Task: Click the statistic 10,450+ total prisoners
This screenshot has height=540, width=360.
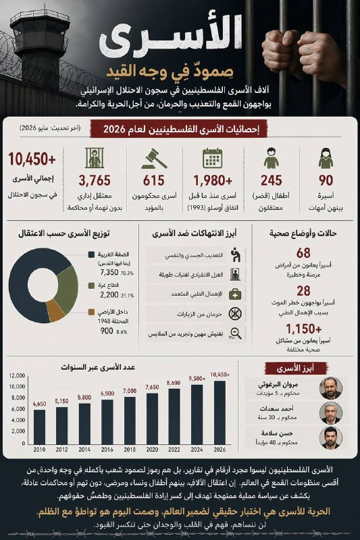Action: [32, 160]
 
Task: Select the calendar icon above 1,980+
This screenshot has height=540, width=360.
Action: [213, 158]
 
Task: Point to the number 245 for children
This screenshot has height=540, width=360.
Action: [271, 180]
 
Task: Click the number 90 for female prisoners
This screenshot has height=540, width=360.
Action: [326, 180]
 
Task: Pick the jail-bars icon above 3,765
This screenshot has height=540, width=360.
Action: [95, 158]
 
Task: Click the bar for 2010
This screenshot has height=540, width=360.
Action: [39, 426]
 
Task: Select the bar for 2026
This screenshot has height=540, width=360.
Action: [220, 412]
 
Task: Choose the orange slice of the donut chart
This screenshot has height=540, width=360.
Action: [57, 310]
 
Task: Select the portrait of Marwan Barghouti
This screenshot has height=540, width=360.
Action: [331, 387]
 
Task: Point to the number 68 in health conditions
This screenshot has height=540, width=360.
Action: [303, 253]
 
